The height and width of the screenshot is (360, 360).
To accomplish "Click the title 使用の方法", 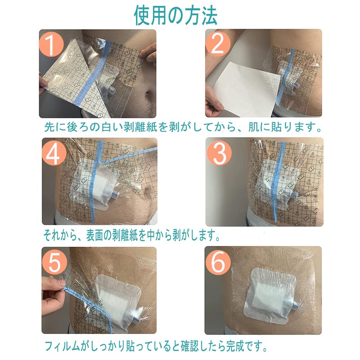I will tap(175, 16).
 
